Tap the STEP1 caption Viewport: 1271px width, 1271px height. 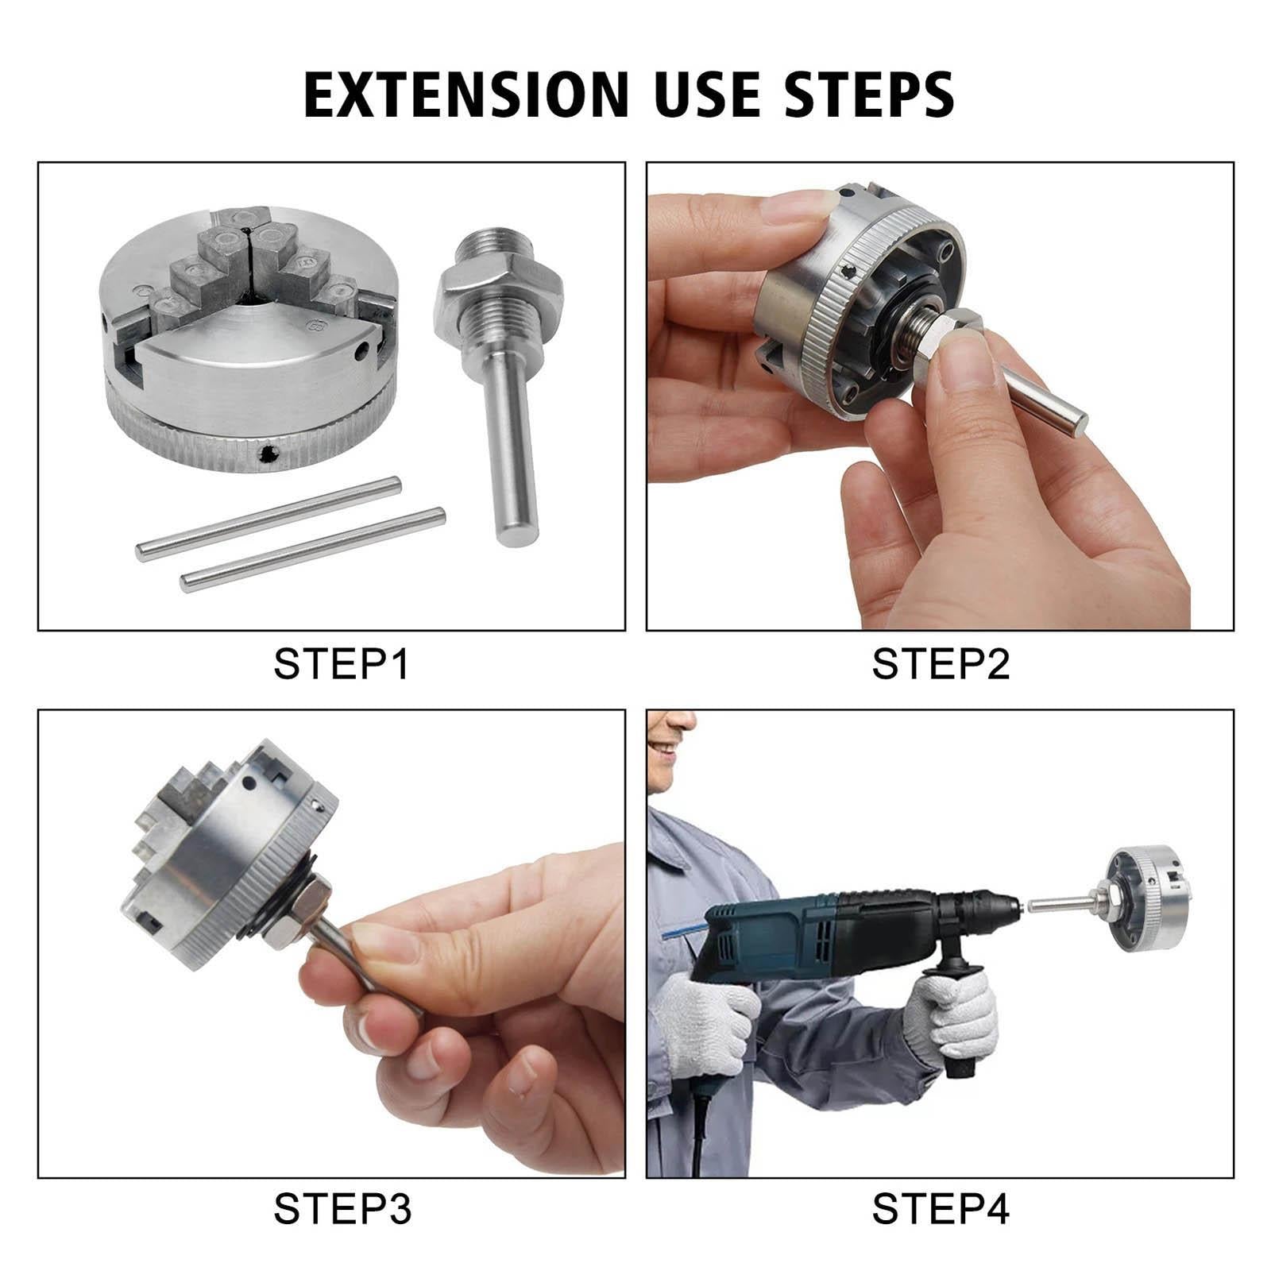point(342,664)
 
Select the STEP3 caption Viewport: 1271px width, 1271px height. point(342,1209)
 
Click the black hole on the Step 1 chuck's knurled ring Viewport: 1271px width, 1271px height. point(269,454)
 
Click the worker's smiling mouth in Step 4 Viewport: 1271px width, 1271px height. point(664,748)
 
